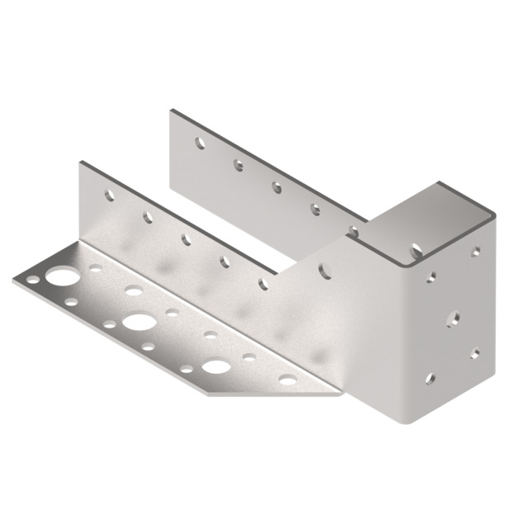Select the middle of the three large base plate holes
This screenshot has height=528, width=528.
click(138, 321)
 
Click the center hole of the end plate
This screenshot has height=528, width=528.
click(451, 316)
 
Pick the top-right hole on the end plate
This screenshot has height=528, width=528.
click(475, 252)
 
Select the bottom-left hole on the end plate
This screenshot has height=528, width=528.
click(429, 379)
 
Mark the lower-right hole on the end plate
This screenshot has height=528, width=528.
click(474, 353)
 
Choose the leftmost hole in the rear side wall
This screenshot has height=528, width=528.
click(200, 143)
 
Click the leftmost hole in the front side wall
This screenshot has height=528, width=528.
click(109, 196)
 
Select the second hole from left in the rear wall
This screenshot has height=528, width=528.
click(238, 165)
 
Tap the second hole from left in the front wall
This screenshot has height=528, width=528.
click(148, 218)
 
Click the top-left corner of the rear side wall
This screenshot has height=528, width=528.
click(171, 110)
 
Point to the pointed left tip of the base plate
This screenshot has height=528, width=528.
click(14, 280)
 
